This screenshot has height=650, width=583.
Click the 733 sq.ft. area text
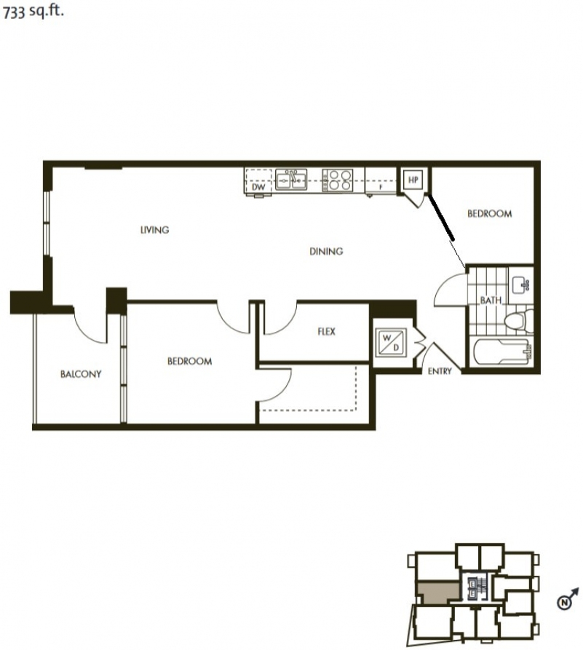pyautogui.click(x=33, y=12)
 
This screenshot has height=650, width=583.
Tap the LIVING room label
pyautogui.click(x=154, y=230)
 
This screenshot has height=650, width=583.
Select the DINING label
pyautogui.click(x=326, y=251)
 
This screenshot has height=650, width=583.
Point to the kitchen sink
pyautogui.click(x=291, y=180)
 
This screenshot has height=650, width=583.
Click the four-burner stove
pyautogui.click(x=338, y=181)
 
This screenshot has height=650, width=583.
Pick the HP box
pyautogui.click(x=413, y=180)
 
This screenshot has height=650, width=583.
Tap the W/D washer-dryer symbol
pyautogui.click(x=391, y=342)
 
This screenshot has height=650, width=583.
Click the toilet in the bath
pyautogui.click(x=519, y=320)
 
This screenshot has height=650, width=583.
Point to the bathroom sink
pyautogui.click(x=521, y=285)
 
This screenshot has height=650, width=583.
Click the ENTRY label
pyautogui.click(x=440, y=371)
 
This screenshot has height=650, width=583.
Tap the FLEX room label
pyautogui.click(x=326, y=332)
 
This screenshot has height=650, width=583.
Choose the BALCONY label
pyautogui.click(x=81, y=374)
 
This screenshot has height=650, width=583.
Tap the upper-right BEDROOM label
pyautogui.click(x=489, y=214)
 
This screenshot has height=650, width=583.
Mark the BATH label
pyautogui.click(x=491, y=300)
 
